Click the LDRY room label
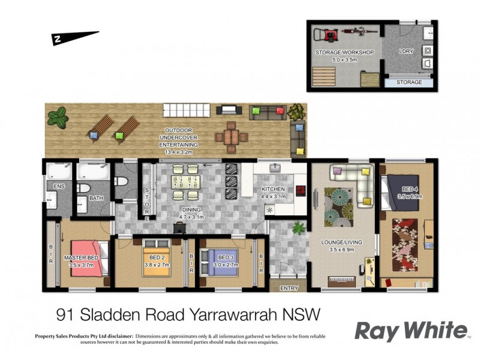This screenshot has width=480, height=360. coord(407,52)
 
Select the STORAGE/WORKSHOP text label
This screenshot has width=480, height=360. coord(344,53)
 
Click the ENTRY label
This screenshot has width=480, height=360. coord(289,288)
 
